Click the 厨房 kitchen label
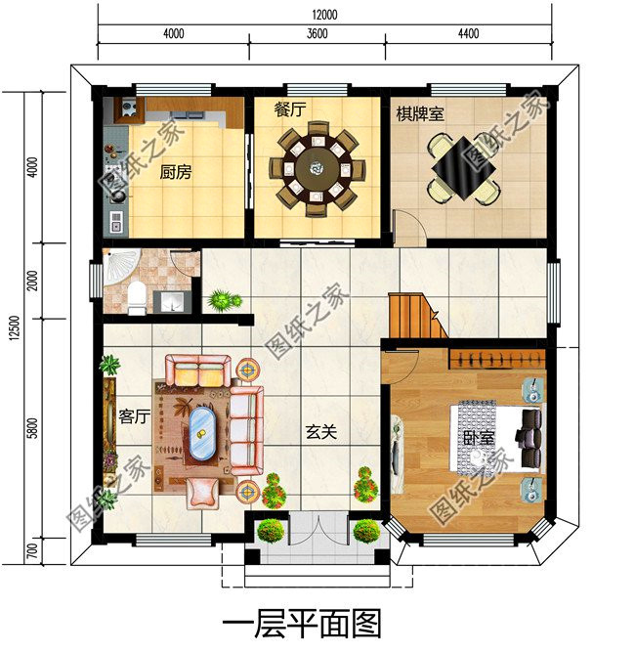(176, 172)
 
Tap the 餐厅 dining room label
(290, 109)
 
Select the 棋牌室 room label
(420, 113)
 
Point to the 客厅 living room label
(135, 416)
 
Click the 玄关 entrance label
(321, 432)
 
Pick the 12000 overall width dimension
(324, 15)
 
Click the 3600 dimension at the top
(317, 33)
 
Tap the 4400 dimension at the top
(469, 33)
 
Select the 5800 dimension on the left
(32, 428)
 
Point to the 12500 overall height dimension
(15, 328)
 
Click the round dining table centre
(317, 169)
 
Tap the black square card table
(464, 168)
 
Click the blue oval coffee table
(202, 433)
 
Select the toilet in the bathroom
(137, 297)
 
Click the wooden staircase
(417, 316)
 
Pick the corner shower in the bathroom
(121, 266)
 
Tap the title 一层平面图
(302, 624)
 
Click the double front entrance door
(318, 530)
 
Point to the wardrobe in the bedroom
(496, 358)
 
